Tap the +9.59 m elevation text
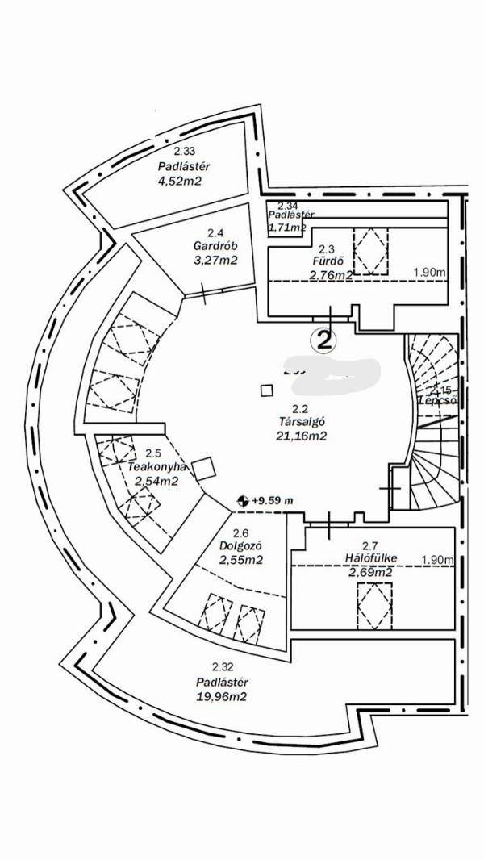[x=271, y=500]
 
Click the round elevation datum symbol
[x=240, y=500]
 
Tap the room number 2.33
[x=185, y=151]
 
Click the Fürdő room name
[x=328, y=261]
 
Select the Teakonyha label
[x=157, y=467]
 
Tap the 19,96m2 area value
[x=222, y=695]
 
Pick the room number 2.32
[x=222, y=666]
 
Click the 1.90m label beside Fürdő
[x=429, y=273]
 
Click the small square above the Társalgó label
[x=266, y=390]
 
